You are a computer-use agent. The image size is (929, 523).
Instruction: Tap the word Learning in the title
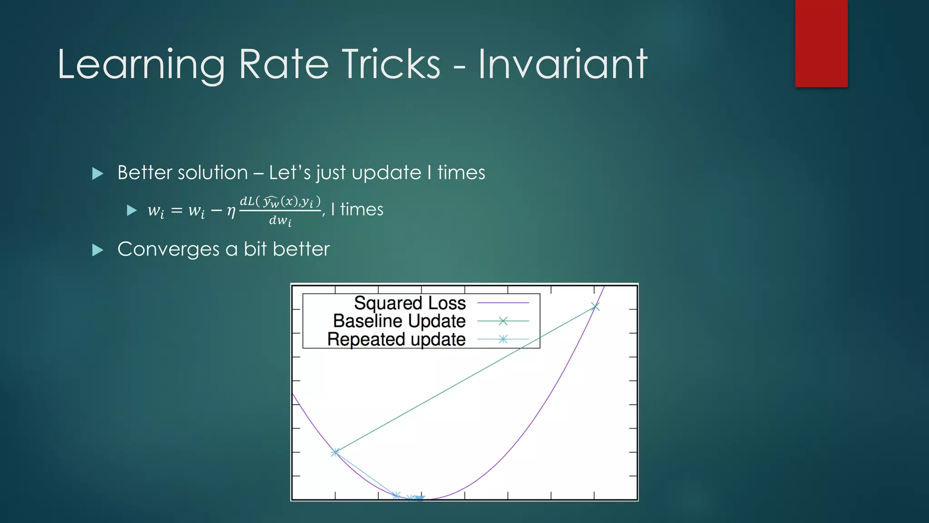click(x=141, y=65)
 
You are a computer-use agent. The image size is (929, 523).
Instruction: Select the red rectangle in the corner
click(x=821, y=43)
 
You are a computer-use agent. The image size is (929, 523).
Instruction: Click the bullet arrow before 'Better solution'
click(x=98, y=173)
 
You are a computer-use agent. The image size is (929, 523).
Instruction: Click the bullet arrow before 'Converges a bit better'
click(x=98, y=250)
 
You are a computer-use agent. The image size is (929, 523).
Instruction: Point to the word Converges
click(x=168, y=249)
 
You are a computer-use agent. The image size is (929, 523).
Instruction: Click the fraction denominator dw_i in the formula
click(x=280, y=221)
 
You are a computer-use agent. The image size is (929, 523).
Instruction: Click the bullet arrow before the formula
click(x=132, y=210)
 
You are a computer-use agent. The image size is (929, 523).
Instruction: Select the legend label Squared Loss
click(x=410, y=303)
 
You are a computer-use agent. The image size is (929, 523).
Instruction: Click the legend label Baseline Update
click(x=399, y=321)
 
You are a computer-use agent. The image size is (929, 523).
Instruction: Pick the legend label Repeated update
click(x=396, y=339)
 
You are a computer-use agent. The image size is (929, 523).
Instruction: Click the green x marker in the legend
click(x=503, y=321)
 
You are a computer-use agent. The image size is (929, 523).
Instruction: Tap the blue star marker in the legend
click(x=503, y=339)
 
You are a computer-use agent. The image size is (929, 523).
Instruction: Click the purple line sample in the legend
click(x=503, y=303)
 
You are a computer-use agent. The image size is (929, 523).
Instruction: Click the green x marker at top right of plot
click(x=595, y=307)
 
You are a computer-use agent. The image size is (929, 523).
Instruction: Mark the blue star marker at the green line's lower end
click(x=335, y=452)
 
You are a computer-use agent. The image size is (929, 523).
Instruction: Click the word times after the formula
click(x=362, y=210)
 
